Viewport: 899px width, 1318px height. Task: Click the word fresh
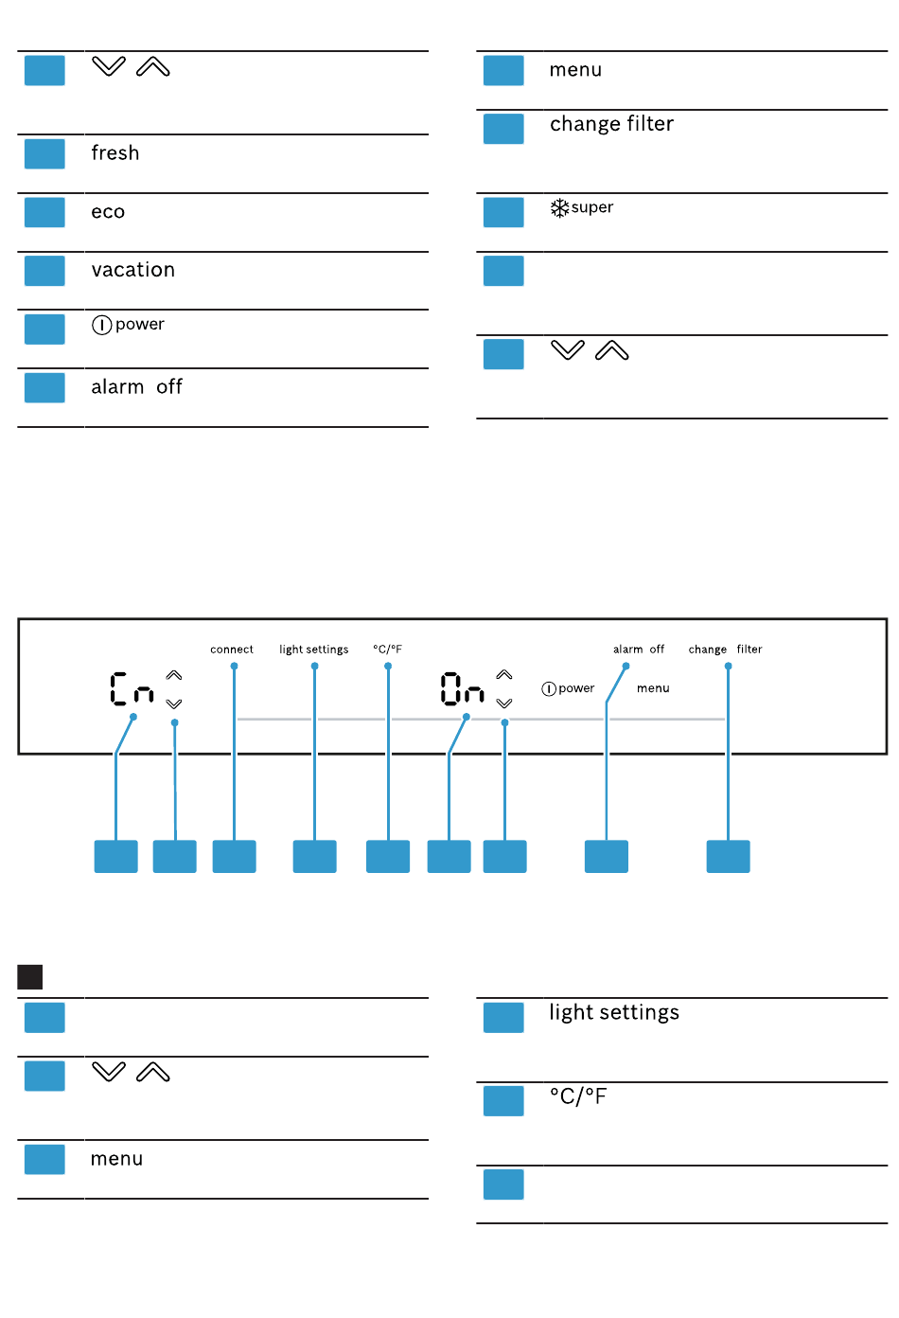pyautogui.click(x=115, y=153)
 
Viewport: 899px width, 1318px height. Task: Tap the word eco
pyautogui.click(x=108, y=212)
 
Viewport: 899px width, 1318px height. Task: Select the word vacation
pyautogui.click(x=133, y=270)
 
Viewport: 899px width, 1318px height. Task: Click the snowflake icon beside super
pyautogui.click(x=559, y=207)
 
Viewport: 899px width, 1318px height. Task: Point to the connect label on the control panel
pyautogui.click(x=232, y=650)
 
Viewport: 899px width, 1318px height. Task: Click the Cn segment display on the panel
pyautogui.click(x=132, y=689)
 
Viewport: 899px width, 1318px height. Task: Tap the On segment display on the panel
pyautogui.click(x=462, y=689)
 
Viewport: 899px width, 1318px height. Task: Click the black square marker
pyautogui.click(x=30, y=976)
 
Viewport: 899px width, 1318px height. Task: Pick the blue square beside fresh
pyautogui.click(x=44, y=153)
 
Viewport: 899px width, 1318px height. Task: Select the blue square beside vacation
pyautogui.click(x=44, y=271)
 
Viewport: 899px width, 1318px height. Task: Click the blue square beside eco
pyautogui.click(x=44, y=212)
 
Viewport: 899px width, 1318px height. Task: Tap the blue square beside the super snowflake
pyautogui.click(x=503, y=212)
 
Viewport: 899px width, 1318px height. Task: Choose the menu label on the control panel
pyautogui.click(x=653, y=688)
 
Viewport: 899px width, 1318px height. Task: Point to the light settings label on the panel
pyautogui.click(x=314, y=650)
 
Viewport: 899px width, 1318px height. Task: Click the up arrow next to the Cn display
pyautogui.click(x=174, y=675)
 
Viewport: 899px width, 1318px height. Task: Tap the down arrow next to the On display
pyautogui.click(x=504, y=704)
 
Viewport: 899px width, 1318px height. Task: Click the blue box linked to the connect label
pyautogui.click(x=234, y=856)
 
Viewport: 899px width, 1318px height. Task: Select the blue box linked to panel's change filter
pyautogui.click(x=728, y=856)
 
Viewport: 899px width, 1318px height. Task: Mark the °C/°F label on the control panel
pyautogui.click(x=388, y=650)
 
